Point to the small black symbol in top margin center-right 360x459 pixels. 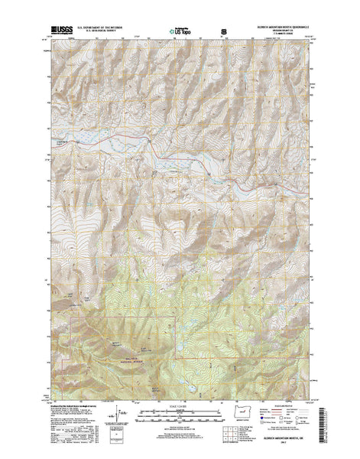click(223, 32)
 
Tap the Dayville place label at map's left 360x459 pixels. click(63, 143)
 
